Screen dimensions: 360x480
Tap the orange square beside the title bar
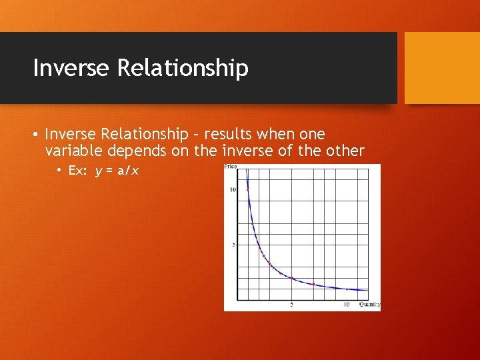pos(442,68)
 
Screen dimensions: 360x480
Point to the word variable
pos(73,151)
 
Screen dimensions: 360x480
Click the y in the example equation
pos(99,171)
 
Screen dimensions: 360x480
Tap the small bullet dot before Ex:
pos(59,171)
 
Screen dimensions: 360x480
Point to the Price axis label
pos(231,167)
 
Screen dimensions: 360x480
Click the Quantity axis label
pos(369,305)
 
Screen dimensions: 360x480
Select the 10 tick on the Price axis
pos(233,190)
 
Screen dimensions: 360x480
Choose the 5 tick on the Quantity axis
pos(291,305)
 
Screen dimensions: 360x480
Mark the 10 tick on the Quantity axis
pos(346,305)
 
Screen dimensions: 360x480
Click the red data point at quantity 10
pos(347,289)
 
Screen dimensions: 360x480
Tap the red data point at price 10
pos(248,190)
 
